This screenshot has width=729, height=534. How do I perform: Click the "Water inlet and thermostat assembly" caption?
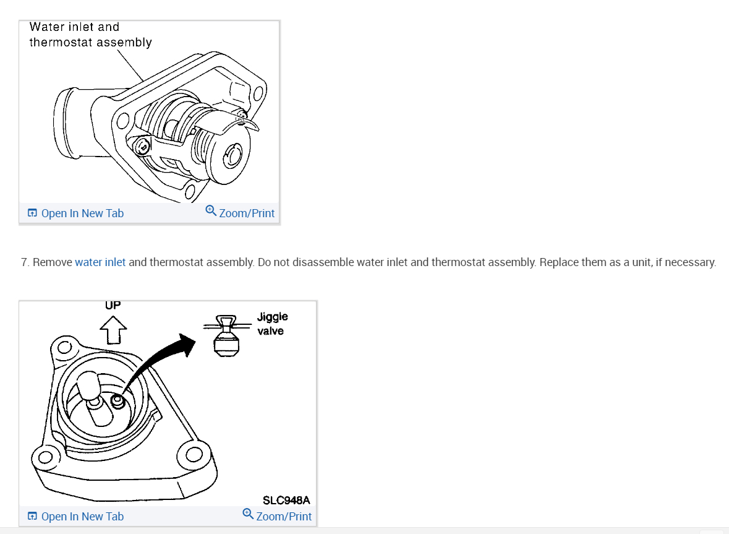tap(90, 35)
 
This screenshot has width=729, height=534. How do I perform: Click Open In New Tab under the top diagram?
tap(82, 213)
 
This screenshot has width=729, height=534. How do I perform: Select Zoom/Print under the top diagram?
tap(246, 213)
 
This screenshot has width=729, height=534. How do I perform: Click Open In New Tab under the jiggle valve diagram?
tap(82, 517)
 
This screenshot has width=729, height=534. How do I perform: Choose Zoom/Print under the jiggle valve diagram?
tap(283, 517)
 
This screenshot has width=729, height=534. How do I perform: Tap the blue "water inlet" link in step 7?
tap(100, 262)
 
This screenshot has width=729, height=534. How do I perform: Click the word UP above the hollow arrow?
tap(113, 305)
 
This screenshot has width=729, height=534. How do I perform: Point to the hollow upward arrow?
tap(113, 329)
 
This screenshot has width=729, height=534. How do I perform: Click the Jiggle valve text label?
tap(272, 324)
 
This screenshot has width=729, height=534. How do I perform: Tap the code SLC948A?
tap(286, 500)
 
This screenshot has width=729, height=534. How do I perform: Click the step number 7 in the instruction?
tap(25, 262)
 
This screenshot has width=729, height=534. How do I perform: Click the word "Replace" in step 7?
tap(558, 262)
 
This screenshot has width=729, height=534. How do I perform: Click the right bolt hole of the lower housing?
tap(193, 455)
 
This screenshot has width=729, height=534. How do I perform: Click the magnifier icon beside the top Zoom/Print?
tap(211, 212)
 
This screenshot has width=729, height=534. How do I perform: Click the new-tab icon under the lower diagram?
tap(32, 517)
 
